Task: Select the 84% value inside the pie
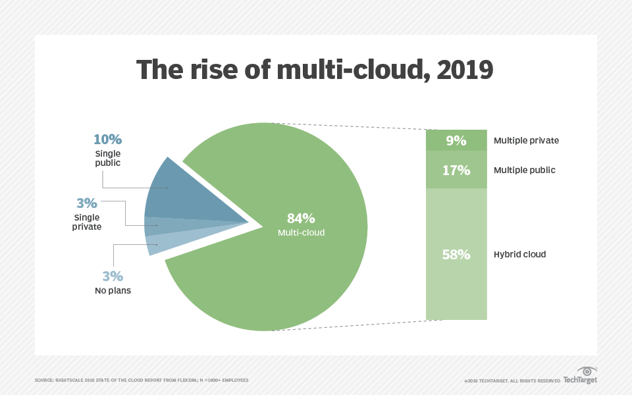pyautogui.click(x=301, y=219)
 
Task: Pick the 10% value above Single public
pyautogui.click(x=107, y=140)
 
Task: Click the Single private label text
pyautogui.click(x=87, y=222)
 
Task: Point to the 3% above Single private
pyautogui.click(x=87, y=203)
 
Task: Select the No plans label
pyautogui.click(x=113, y=290)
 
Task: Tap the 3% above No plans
pyautogui.click(x=113, y=276)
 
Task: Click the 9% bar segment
pyautogui.click(x=456, y=140)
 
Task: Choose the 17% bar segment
pyautogui.click(x=456, y=170)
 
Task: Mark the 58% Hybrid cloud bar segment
pyautogui.click(x=456, y=254)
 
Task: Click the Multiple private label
pyautogui.click(x=526, y=140)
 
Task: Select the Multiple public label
pyautogui.click(x=525, y=170)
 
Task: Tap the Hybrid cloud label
pyautogui.click(x=520, y=254)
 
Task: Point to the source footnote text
pyautogui.click(x=142, y=381)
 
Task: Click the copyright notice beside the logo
pyautogui.click(x=512, y=381)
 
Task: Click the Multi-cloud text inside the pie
pyautogui.click(x=301, y=232)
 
